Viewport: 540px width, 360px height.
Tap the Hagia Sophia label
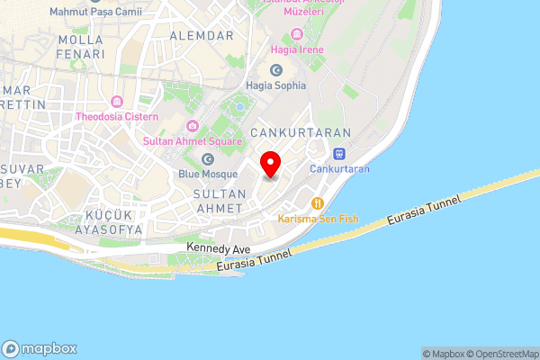tap(275, 85)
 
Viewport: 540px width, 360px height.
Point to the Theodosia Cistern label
tap(117, 117)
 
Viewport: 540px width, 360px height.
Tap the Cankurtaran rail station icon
tap(339, 153)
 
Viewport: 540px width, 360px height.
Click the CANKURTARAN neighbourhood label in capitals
tap(286, 131)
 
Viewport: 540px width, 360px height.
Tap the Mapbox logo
tap(40, 348)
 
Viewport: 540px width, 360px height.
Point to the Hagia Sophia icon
tap(275, 69)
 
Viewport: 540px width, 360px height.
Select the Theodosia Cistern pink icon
tap(117, 101)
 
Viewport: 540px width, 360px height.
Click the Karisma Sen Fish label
tap(317, 220)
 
